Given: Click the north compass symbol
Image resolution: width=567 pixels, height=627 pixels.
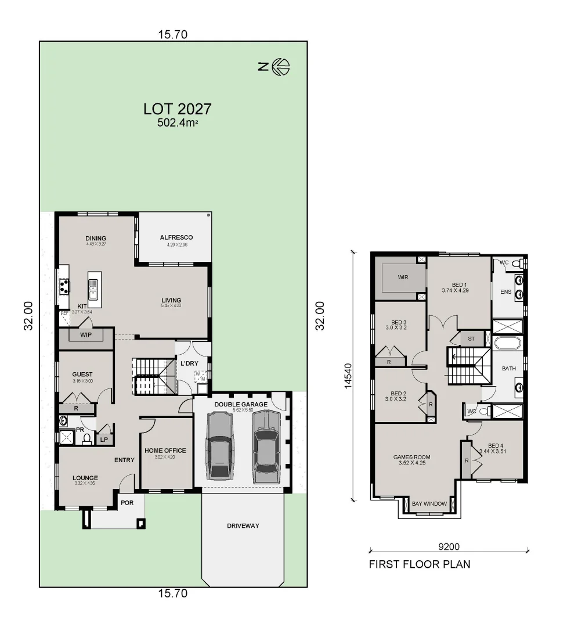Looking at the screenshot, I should pos(281,67).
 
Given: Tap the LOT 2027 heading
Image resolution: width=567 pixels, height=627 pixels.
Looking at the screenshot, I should pos(177,109).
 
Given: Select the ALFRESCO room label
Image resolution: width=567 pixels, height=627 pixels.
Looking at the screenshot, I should pos(176,237).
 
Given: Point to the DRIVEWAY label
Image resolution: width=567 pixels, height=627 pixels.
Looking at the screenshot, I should pos(243,526).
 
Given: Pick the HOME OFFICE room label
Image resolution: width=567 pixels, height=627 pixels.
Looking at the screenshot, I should pos(165,451).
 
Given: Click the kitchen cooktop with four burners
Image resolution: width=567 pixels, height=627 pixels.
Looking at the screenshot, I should pos(64,286).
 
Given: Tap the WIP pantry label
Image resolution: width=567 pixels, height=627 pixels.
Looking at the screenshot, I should pos(86,334).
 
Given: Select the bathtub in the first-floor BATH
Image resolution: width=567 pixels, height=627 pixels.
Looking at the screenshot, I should pos(508,343).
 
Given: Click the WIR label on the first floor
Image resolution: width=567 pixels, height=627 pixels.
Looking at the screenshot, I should pos(403,278).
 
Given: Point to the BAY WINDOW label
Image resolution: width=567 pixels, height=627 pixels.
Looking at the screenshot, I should pos(429,504).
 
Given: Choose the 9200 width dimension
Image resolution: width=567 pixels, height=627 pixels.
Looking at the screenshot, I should pos(448,546).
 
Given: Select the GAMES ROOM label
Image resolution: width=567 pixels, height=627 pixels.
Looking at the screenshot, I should pos(411,457).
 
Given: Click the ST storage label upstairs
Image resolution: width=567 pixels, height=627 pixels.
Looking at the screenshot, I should pos(471,338).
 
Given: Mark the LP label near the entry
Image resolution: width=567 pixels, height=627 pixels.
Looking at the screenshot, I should pos(104,440).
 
